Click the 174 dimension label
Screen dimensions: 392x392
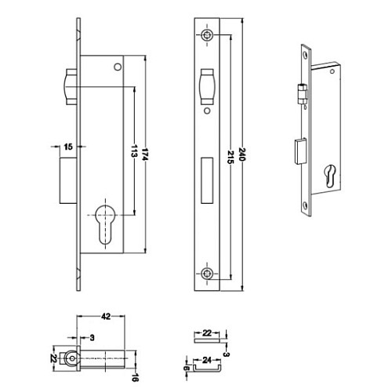coord(145,154)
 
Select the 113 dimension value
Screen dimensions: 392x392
coord(134,151)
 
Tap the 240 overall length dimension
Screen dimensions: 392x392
coord(242,154)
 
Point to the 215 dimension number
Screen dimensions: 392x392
coord(230,157)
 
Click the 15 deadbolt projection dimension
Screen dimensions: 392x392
coord(68,147)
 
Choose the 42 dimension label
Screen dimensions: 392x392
coord(106,317)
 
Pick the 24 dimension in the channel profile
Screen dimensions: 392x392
coord(207,360)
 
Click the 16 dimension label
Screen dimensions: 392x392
coord(135,377)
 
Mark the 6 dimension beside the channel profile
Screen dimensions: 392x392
coord(187,368)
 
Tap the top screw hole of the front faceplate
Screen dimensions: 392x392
coord(207,34)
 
